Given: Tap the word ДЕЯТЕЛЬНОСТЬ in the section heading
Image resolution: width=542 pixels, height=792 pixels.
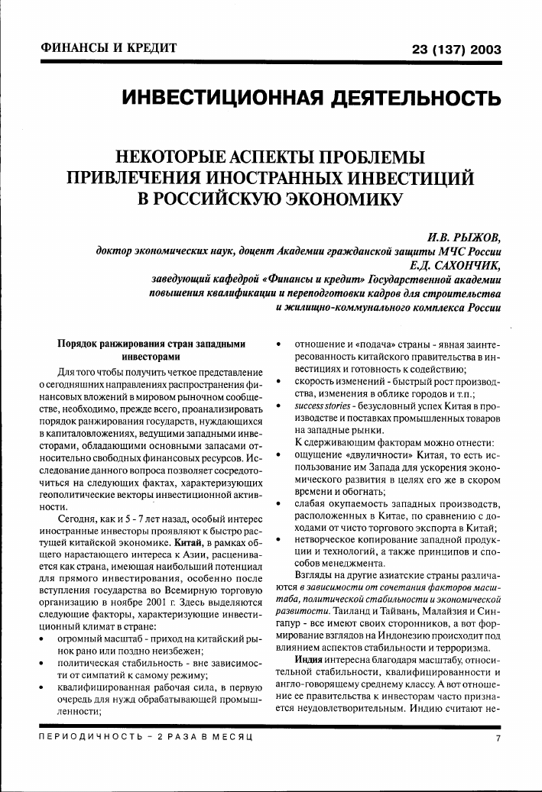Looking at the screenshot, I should click(404, 99).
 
